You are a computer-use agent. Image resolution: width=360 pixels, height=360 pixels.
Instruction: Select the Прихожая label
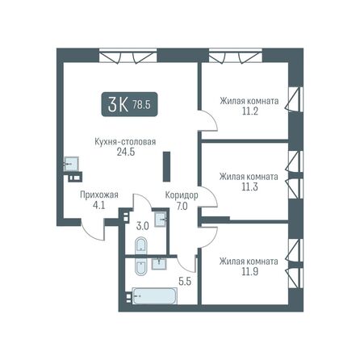pyautogui.click(x=99, y=195)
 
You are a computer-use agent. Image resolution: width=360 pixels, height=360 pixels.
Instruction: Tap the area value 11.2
pyautogui.click(x=249, y=113)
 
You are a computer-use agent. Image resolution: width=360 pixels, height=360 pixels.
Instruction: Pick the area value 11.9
pyautogui.click(x=249, y=272)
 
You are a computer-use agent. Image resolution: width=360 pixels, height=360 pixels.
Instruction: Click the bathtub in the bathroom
pyautogui.click(x=153, y=296)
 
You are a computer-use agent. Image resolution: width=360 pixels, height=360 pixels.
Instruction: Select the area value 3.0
pyautogui.click(x=143, y=226)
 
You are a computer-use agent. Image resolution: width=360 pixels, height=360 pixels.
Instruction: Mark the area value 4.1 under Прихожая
pyautogui.click(x=99, y=205)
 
